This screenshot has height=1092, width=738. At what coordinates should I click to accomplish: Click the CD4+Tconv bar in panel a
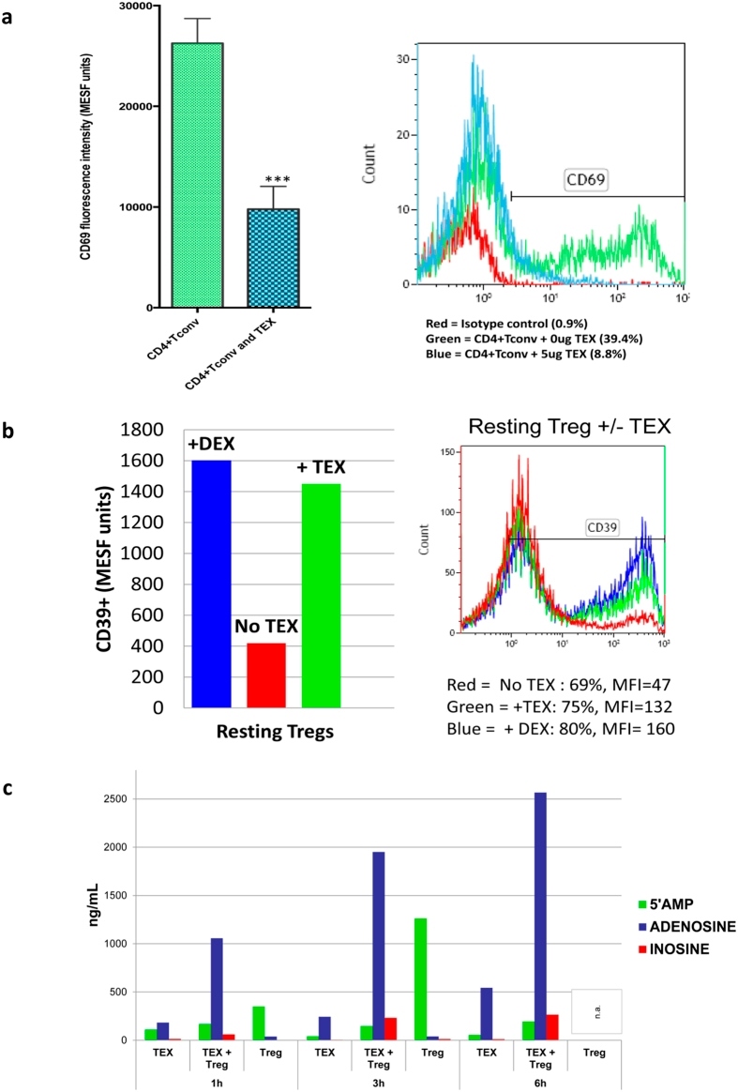coord(197,174)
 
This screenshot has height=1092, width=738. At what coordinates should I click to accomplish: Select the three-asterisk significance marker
coord(277,181)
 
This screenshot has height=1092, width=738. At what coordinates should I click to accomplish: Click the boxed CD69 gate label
coord(585,180)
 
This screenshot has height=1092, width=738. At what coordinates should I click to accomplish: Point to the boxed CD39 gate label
coord(601,527)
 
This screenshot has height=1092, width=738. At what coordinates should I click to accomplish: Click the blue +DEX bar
coord(211,584)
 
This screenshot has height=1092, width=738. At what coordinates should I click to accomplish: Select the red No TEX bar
coord(266,675)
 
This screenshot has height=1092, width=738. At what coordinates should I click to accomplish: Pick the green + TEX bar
coord(321,596)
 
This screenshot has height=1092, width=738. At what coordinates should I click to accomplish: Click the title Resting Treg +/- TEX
coord(569,426)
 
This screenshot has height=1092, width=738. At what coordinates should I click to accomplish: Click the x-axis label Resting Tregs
coord(275,731)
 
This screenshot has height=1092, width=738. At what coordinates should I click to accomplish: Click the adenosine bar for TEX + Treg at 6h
coord(540,916)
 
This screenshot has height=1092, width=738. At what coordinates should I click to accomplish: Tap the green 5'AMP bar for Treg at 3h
coord(420,979)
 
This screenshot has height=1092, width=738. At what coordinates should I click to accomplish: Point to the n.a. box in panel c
coord(596,1011)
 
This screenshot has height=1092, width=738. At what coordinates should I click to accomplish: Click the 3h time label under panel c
coord(378,1084)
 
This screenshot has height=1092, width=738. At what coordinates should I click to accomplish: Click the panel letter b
coord(8,432)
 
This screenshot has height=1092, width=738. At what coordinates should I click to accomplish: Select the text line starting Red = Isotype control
coord(507,323)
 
